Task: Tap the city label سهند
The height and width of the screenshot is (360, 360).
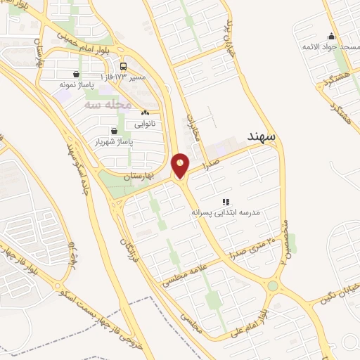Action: coord(261,135)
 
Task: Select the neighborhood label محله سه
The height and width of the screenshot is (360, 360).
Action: coord(108,104)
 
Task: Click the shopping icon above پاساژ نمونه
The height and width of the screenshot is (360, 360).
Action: coord(76,74)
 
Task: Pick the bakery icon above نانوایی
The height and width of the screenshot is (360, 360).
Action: coord(146,112)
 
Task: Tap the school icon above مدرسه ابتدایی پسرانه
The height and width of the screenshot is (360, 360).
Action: coord(226,200)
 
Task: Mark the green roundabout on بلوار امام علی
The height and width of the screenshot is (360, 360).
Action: coord(272,285)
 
